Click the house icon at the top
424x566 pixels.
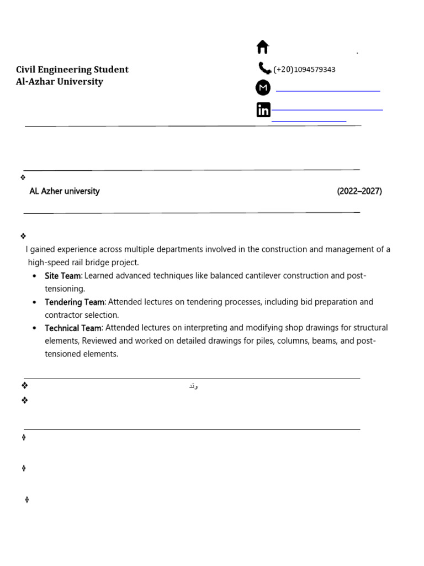coord(263,47)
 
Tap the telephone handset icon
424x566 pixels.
coord(264,68)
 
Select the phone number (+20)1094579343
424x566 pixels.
coord(304,70)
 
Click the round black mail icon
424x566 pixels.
coord(263,88)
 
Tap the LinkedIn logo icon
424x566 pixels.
coord(263,110)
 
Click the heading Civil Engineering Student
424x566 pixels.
coord(72,70)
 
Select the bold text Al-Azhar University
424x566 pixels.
coord(60,82)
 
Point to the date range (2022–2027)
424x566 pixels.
coord(359,191)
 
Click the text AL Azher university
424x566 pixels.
coord(65,191)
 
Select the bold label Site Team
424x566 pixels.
coord(62,276)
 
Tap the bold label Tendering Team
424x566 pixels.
coord(75,302)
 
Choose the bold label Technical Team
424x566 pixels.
coord(73,328)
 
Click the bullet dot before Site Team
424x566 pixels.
coord(35,276)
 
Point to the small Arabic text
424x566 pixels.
coord(193,385)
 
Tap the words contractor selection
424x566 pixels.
coord(82,315)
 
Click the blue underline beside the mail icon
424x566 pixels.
coord(327,90)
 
